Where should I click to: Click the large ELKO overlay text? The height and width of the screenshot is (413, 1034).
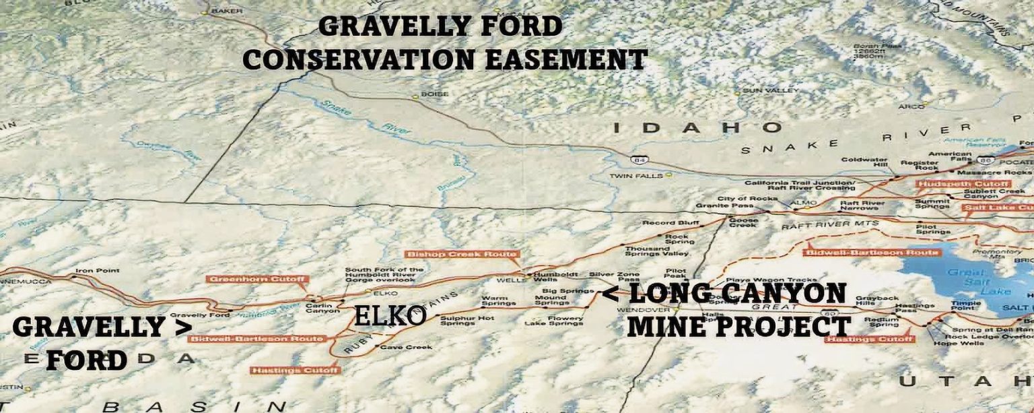pos(390,315)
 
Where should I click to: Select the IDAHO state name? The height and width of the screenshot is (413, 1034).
pos(698,127)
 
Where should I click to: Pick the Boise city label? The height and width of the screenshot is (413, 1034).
pos(434,94)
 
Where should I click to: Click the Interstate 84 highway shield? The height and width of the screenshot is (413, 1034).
pos(639,160)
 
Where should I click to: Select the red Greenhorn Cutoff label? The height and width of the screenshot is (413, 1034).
pos(258,279)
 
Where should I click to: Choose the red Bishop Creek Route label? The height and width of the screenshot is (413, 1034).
pos(462,254)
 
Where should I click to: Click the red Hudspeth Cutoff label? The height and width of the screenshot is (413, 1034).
pos(963,183)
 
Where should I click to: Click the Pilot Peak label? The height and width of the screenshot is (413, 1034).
pos(675,272)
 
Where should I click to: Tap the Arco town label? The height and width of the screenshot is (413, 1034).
pos(911,106)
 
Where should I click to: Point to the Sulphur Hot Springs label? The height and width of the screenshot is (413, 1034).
pos(458,321)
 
